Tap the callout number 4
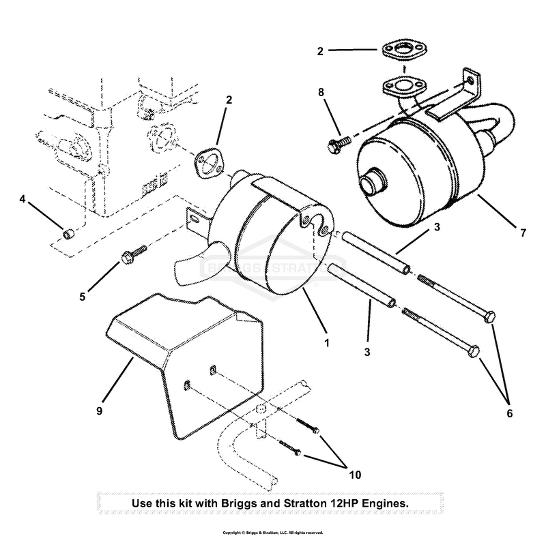point(23,200)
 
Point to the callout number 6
point(509,413)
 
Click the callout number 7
point(523,233)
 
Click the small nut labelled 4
point(68,235)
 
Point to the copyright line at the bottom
point(273,532)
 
